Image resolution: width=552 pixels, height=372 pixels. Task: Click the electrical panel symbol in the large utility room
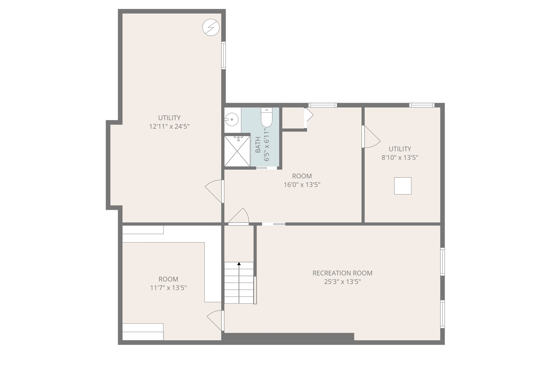coord(211,27)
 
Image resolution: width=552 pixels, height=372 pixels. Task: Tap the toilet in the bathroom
coord(267,117)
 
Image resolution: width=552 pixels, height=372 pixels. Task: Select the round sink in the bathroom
coord(232,120)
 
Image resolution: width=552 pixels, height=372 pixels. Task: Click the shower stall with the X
coord(237,152)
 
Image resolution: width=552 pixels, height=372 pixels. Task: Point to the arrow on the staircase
coord(239,264)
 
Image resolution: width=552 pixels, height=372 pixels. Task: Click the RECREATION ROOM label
coord(342,273)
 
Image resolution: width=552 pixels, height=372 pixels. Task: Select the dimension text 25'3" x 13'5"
coord(342,282)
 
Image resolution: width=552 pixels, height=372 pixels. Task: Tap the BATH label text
coord(258,145)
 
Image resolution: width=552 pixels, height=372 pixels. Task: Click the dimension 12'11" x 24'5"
coord(169,126)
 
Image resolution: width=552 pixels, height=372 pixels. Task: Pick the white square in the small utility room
coord(403,186)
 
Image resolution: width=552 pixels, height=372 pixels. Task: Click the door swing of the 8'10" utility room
coord(371,137)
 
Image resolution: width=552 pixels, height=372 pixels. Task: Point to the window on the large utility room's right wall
coord(223,55)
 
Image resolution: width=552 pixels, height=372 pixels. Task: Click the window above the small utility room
coord(422,105)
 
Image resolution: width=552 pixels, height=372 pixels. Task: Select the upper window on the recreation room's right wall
coord(442,261)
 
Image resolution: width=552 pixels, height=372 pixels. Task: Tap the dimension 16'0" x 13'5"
coord(302,185)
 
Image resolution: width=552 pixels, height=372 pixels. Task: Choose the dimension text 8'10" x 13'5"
coord(400,158)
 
